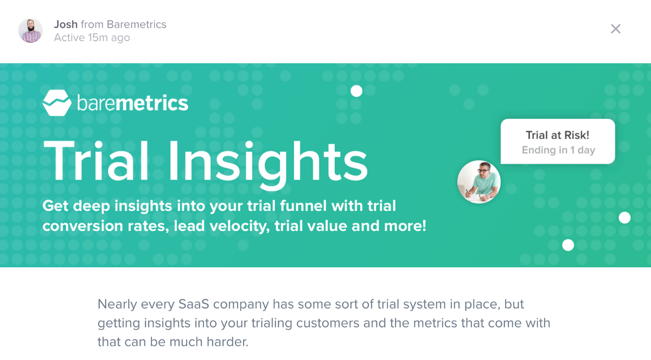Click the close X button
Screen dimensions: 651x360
point(616,29)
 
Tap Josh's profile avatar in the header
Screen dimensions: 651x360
point(30,30)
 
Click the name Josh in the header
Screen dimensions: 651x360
point(66,24)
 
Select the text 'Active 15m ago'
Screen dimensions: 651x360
point(92,38)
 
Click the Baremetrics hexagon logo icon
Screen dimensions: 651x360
point(57,103)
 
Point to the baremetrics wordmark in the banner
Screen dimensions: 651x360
point(133,103)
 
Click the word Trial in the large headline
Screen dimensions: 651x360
point(96,160)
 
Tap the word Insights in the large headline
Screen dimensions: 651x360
point(268,165)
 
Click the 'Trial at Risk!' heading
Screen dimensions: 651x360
point(558,135)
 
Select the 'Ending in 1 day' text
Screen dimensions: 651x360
point(558,150)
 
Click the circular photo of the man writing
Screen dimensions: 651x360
point(479,182)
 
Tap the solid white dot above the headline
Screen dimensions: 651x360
point(356,91)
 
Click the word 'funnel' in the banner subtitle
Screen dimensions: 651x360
point(303,206)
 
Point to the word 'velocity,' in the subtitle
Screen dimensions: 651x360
point(239,226)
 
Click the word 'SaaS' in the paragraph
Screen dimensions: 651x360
point(194,304)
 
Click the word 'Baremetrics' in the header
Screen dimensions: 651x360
point(137,24)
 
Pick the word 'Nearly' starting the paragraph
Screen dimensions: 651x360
point(117,305)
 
